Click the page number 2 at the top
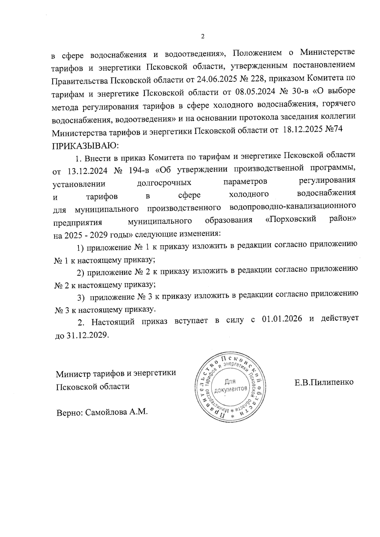point(203,36)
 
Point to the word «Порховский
point(290,219)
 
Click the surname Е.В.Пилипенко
point(324,382)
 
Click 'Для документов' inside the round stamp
point(230,385)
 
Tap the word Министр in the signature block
point(73,374)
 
